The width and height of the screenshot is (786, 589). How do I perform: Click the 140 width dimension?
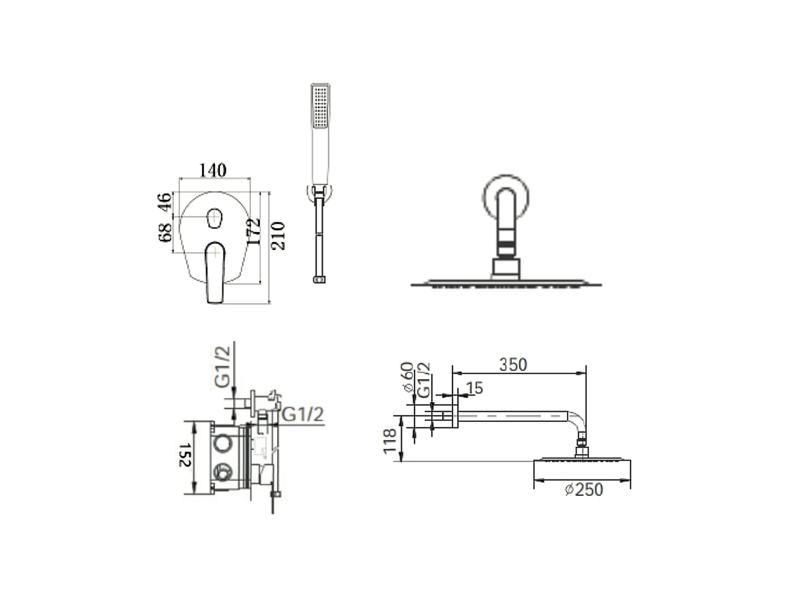tap(213, 170)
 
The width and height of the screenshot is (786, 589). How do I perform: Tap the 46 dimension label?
tap(165, 202)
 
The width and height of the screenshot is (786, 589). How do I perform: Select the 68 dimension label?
tap(165, 232)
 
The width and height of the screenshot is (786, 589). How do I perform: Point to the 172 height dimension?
tap(254, 231)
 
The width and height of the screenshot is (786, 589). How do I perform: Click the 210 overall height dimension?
tap(278, 236)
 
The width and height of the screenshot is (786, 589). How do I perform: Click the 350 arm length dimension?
tap(512, 364)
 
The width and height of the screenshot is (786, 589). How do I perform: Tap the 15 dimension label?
tap(474, 388)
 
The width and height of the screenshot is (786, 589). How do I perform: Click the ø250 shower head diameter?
tap(584, 490)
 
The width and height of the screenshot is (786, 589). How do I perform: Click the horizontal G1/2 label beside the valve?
tap(303, 414)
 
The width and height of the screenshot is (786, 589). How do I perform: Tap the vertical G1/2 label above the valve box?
tap(223, 366)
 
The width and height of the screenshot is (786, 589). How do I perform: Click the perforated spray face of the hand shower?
tap(320, 106)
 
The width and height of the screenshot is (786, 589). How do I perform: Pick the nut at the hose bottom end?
tap(319, 280)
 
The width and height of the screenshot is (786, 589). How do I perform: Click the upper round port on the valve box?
tap(222, 446)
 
